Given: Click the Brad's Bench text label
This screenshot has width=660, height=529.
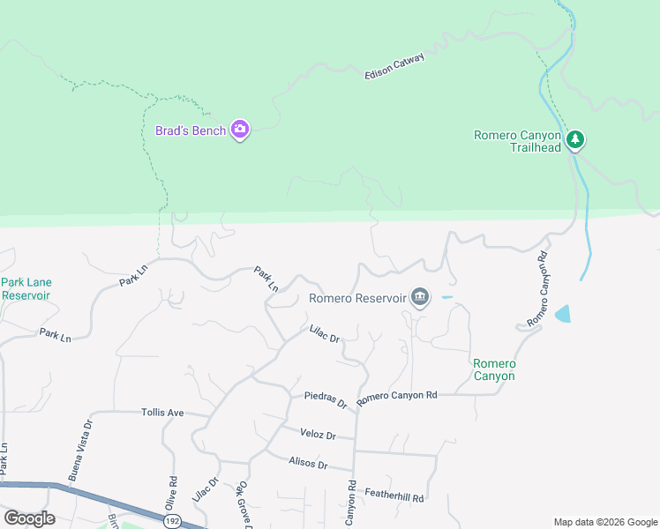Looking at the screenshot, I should tap(191, 130).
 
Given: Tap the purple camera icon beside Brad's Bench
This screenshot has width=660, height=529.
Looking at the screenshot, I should tap(240, 130).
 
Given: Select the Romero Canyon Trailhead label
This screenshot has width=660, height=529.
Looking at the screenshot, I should tap(517, 141).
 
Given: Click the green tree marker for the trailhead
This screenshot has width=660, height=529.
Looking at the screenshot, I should tap(575, 139).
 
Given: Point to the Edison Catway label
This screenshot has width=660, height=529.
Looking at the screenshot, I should tap(394, 67).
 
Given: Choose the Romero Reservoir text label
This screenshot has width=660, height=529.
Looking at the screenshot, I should tap(356, 298).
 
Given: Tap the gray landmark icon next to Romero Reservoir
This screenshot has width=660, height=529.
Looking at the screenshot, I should tap(420, 297).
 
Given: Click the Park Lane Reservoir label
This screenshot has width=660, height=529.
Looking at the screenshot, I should tap(26, 288).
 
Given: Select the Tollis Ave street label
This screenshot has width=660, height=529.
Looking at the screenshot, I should tap(162, 412).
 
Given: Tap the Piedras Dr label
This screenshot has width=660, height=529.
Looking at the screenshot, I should tap(326, 399).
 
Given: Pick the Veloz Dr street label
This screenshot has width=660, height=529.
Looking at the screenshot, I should tap(319, 436).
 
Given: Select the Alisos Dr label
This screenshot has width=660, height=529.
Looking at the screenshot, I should tap(308, 465).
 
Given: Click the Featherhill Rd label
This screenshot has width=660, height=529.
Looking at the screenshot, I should tap(394, 497).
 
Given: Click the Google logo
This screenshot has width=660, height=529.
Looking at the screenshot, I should tap(29, 518).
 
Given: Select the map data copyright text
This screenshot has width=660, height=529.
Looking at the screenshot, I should tap(604, 522).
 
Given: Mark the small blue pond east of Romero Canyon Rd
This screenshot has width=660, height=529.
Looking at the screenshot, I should tap(562, 313).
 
